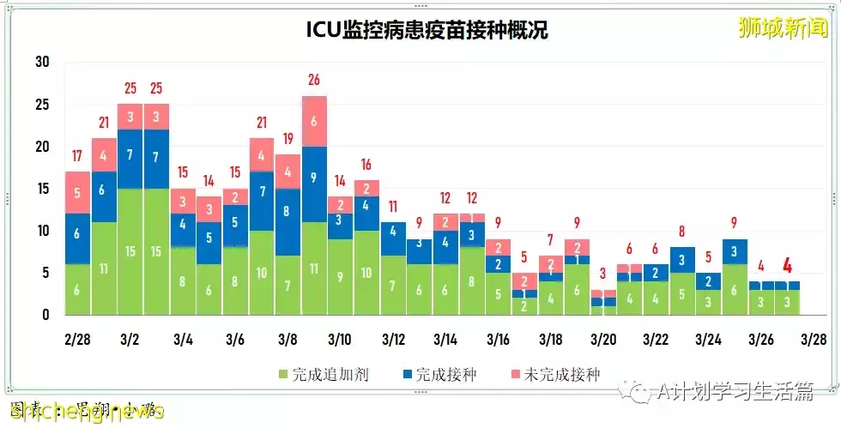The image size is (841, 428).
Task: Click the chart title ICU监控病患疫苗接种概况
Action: point(427,31)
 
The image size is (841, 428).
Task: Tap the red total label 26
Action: point(314,81)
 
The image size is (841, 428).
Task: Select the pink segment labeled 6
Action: point(314,121)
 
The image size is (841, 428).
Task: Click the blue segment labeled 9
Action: point(314,178)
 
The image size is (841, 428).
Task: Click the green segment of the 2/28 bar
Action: point(77,290)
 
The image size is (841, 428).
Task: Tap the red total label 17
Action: point(77,156)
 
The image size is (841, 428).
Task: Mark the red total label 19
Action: point(287,139)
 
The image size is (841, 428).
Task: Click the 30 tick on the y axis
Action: point(42,62)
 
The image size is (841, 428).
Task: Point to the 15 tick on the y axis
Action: point(42,189)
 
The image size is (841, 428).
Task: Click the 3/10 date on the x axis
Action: point(340,340)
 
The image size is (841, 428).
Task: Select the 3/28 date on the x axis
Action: point(813,340)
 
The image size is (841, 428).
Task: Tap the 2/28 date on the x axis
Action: point(77,340)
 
